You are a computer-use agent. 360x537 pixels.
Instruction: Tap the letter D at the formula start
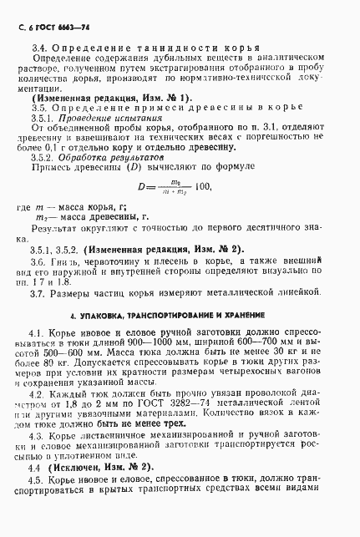pyautogui.click(x=141, y=209)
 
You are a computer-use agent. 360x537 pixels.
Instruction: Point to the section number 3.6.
pyautogui.click(x=38, y=286)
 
